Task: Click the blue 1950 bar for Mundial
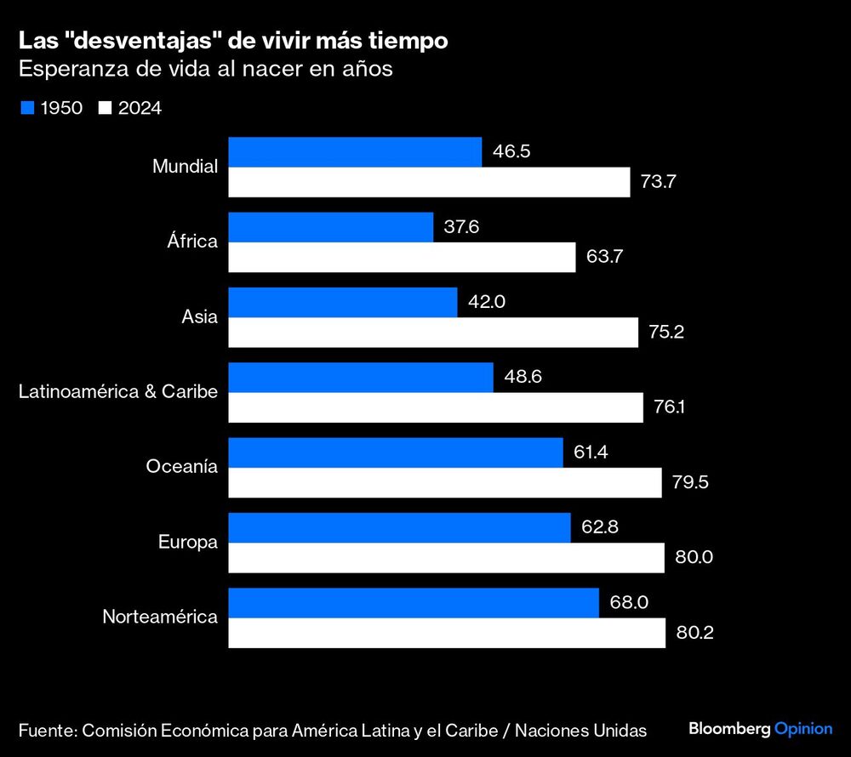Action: point(355,152)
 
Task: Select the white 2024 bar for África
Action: point(402,258)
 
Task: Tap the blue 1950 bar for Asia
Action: point(343,302)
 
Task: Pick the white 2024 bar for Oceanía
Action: point(444,482)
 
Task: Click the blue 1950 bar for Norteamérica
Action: point(414,602)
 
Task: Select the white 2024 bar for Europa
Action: point(446,558)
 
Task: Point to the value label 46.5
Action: point(511,152)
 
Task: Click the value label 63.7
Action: point(605,258)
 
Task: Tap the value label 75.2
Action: point(666,333)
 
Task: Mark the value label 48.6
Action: point(523,377)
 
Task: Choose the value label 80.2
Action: point(694,633)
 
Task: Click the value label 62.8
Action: point(599,527)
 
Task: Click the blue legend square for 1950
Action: point(26,108)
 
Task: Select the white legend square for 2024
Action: point(106,108)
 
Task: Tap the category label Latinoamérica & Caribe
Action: point(118,392)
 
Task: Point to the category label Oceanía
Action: point(182,467)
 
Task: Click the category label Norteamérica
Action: point(160,617)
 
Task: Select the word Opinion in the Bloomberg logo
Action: point(803,729)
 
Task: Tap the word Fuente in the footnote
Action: point(45,730)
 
